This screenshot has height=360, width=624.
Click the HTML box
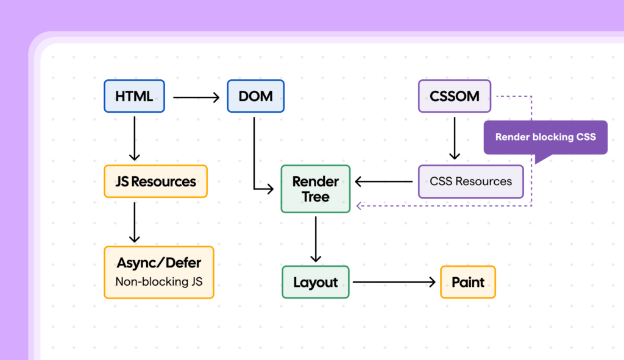pos(134,96)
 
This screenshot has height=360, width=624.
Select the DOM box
pos(255,96)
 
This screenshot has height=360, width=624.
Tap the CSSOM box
pos(454,96)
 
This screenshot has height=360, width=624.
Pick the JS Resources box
pos(155,182)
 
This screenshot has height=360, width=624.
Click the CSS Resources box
pos(470,182)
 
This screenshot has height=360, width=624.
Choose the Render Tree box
pos(315,189)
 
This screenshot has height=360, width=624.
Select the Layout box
pos(315,283)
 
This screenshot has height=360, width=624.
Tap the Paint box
pos(467,283)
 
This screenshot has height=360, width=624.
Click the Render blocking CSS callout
pos(545,137)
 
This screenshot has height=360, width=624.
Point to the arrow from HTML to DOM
pos(196,96)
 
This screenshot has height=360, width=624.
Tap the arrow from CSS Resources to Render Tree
pos(384,182)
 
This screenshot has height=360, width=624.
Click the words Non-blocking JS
pos(158,282)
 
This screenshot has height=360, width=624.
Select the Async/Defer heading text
pos(158,264)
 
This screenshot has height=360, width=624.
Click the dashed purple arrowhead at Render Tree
pos(360,206)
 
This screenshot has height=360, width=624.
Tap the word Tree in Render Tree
pos(315,197)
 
